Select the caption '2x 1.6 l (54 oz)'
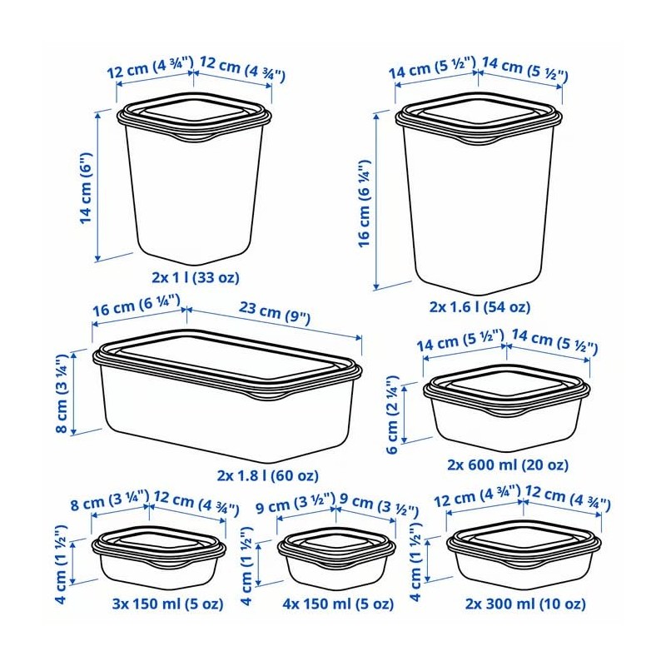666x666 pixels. click(479, 306)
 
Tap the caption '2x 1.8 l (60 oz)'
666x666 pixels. click(267, 475)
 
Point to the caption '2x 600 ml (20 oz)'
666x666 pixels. click(507, 464)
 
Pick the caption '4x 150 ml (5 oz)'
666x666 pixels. click(338, 603)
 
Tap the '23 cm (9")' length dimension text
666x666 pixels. click(272, 317)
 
